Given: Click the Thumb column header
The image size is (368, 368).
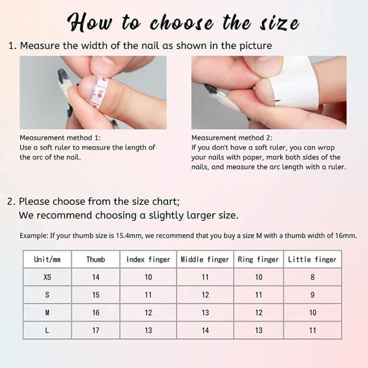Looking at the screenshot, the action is [x=96, y=259].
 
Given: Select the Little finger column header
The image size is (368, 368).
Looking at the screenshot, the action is [x=312, y=259].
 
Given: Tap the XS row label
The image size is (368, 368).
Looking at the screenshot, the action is [x=47, y=277].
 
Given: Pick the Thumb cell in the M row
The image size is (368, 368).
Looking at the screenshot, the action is [x=96, y=313].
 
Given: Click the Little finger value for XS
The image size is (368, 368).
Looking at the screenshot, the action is [x=312, y=277].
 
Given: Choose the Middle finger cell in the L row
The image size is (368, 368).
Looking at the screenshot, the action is [x=205, y=331].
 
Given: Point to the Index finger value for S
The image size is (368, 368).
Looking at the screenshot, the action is [x=148, y=295].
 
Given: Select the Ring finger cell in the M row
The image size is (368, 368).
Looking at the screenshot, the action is [x=259, y=313].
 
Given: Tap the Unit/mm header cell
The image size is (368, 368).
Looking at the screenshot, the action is [x=47, y=259].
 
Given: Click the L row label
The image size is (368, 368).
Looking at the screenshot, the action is [x=47, y=331].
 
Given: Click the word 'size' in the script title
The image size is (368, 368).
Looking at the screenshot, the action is [x=280, y=23].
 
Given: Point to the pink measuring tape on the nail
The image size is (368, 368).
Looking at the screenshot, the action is [x=98, y=91].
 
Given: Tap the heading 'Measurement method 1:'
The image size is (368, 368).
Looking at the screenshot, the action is [x=60, y=138].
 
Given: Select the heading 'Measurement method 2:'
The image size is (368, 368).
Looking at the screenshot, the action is [x=232, y=138].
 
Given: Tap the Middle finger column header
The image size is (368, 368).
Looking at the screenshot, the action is [x=205, y=259].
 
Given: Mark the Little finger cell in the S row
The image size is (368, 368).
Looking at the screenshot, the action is [x=312, y=295].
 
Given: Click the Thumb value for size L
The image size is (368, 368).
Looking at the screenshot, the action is [x=96, y=331].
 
